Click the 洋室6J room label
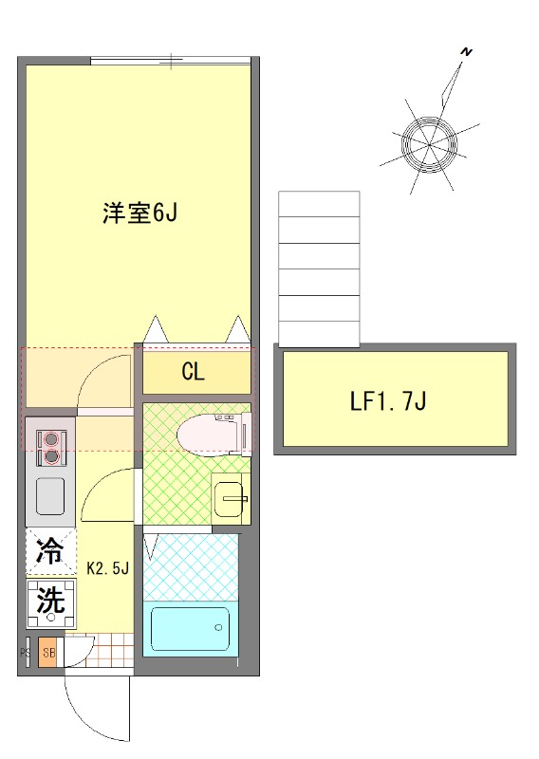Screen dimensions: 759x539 [x=140, y=213]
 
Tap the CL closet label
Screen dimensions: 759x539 [x=193, y=372]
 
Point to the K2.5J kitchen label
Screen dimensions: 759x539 [x=107, y=569]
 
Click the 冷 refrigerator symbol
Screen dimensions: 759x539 [x=50, y=551]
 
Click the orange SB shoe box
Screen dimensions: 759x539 [x=48, y=653]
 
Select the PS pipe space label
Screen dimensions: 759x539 [x=27, y=653]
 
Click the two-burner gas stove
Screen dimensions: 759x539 [x=49, y=448]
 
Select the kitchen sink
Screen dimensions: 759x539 [x=49, y=494]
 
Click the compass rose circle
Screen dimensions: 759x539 [x=429, y=143]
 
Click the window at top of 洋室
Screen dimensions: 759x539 [x=171, y=62]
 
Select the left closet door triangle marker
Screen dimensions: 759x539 [x=157, y=329]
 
